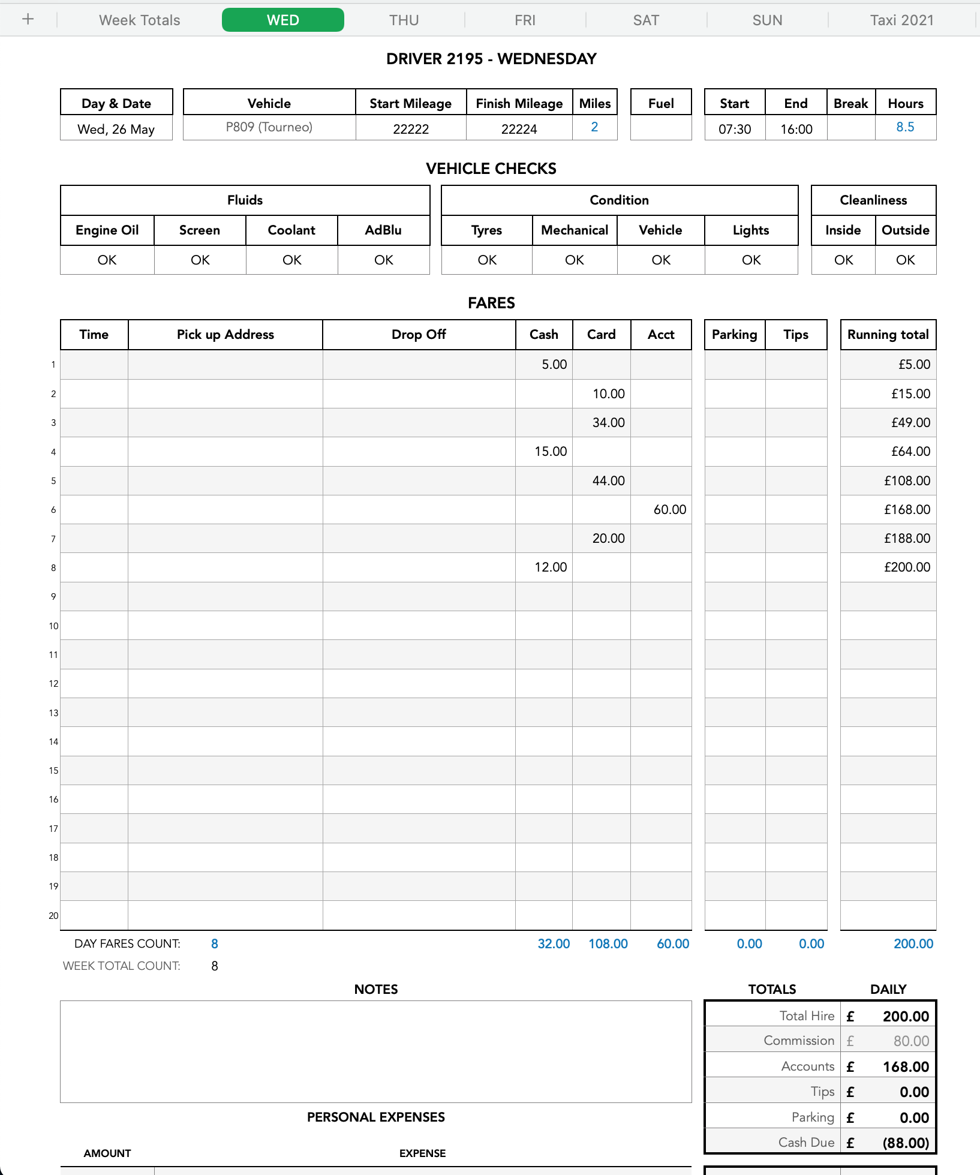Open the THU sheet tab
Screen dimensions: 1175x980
tap(404, 20)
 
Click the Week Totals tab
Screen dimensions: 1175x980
tap(139, 20)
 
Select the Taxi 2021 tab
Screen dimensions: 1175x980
tap(901, 20)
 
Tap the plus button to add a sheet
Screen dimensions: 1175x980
tap(28, 19)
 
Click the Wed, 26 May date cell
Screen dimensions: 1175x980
tap(116, 129)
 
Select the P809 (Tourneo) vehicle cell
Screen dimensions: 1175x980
tap(269, 127)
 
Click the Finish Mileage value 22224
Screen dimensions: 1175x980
tap(519, 129)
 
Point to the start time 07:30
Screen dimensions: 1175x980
tap(735, 129)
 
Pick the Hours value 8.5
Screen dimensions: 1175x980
tap(905, 127)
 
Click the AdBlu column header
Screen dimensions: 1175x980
tap(383, 230)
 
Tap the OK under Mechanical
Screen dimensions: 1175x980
tap(574, 260)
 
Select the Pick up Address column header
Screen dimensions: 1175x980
tap(225, 335)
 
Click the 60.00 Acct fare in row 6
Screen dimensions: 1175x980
tap(669, 509)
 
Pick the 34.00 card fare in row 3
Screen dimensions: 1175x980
tap(608, 422)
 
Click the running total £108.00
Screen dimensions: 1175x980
tap(907, 480)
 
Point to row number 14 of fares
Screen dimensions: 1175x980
tap(53, 742)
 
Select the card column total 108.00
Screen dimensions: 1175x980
tap(608, 943)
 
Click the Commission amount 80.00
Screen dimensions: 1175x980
tap(910, 1041)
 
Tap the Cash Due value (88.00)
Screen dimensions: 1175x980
tap(905, 1143)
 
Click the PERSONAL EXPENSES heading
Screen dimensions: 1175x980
tap(375, 1117)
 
